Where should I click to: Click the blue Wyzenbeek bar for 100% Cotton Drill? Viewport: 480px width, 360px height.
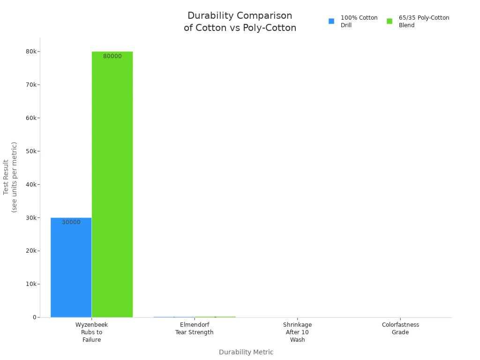pos(71,267)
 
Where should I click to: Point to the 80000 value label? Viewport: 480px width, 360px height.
pos(112,56)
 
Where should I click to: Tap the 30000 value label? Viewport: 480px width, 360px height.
pos(71,222)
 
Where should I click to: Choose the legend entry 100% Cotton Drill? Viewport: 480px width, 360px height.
pos(359,22)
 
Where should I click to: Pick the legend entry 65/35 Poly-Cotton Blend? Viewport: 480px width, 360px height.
pos(424,22)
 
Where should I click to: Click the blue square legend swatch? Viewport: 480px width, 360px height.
pos(331,21)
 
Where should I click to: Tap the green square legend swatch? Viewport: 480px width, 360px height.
pos(390,21)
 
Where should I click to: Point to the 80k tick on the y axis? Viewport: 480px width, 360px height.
pos(31,52)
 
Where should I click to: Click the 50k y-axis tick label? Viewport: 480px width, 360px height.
pos(31,151)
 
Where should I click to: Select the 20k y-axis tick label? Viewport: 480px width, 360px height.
pos(31,251)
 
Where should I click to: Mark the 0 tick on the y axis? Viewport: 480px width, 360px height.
pos(34,317)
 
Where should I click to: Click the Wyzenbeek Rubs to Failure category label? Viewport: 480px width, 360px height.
pos(91,332)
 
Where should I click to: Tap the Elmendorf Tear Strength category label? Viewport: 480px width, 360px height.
pos(194,328)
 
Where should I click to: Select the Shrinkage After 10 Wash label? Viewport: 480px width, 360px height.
pos(297,332)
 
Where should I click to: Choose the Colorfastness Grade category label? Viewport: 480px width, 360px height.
pos(400,328)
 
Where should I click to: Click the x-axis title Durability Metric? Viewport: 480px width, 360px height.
pos(246,352)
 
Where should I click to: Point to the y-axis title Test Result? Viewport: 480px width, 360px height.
pos(10,177)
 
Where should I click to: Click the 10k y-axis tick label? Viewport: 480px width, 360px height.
pos(31,284)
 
